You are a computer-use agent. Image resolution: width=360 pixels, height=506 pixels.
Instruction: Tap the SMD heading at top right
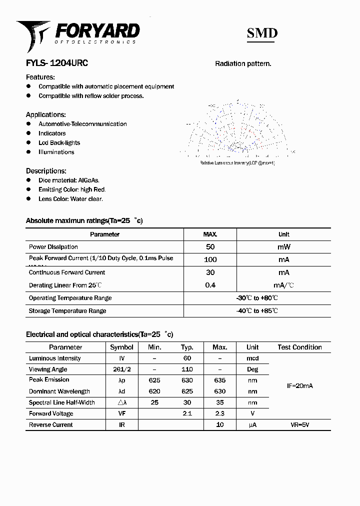(262, 33)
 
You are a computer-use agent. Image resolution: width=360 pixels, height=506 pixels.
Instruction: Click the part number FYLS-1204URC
(56, 63)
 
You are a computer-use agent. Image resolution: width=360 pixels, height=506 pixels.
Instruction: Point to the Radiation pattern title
(243, 63)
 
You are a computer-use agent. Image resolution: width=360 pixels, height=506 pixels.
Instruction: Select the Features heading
(40, 77)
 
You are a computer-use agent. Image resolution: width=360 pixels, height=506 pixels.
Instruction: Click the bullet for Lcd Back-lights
(28, 142)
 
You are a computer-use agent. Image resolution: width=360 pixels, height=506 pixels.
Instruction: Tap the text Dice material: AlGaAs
(69, 180)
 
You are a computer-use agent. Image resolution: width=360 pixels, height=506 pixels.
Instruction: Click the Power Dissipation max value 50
(210, 247)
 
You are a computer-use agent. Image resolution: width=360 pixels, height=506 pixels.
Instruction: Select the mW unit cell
(283, 247)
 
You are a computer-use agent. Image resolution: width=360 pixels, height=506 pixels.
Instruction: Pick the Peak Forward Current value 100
(210, 259)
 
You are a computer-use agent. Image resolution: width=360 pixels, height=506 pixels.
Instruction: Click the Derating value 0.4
(210, 285)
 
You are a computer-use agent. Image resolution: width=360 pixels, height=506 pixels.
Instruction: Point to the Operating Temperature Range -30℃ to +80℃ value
(257, 298)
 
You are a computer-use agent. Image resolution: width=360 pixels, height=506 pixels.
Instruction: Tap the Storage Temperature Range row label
(67, 311)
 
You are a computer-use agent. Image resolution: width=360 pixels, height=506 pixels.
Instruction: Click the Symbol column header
(121, 347)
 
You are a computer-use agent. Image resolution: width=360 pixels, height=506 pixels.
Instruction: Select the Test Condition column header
(299, 347)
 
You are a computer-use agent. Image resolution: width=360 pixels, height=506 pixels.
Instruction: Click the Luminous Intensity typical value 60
(186, 358)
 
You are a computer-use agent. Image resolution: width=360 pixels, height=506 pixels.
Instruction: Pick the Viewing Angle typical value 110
(186, 369)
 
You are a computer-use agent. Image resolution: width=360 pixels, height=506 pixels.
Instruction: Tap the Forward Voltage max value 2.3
(219, 413)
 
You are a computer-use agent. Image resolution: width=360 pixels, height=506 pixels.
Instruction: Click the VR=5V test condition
(299, 425)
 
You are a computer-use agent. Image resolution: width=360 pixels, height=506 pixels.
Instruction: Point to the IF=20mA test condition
(299, 386)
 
